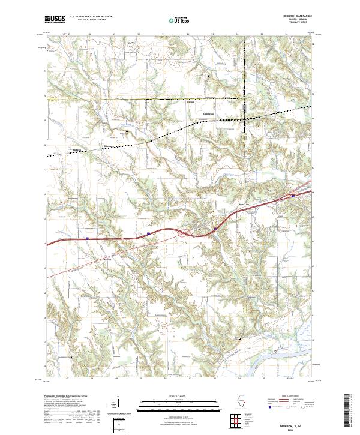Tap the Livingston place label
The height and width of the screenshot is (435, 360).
click(x=208, y=114)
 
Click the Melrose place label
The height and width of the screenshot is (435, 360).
click(x=76, y=150)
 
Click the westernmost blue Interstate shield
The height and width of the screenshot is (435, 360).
click(x=87, y=238)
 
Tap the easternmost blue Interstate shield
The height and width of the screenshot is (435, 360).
click(x=292, y=195)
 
